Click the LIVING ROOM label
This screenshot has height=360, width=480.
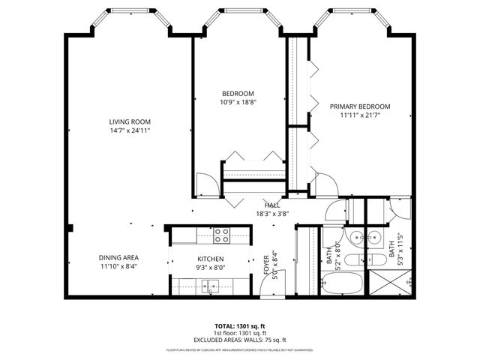point(130,121)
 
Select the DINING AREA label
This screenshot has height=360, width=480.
point(118,257)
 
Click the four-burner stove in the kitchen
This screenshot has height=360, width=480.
point(222,237)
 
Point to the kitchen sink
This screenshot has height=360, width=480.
point(210,285)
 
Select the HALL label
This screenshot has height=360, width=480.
point(273,205)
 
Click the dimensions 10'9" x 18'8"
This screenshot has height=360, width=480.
point(237,102)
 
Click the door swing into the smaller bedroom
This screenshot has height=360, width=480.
point(205,184)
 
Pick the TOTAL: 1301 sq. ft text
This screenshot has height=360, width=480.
point(240,326)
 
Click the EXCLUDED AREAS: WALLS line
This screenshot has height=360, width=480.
point(240,339)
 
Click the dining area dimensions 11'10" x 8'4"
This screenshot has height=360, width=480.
point(118,266)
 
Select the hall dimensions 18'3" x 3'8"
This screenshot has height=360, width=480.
point(273,213)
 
